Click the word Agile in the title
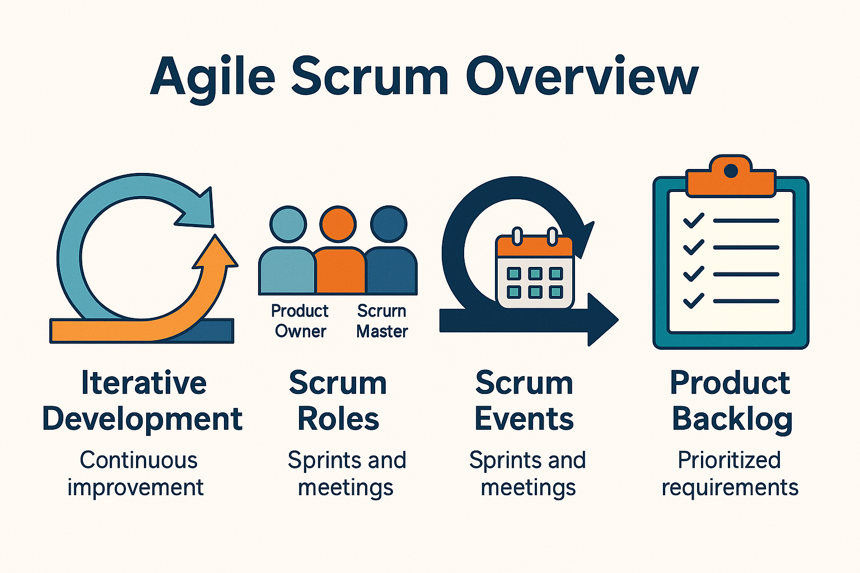213,77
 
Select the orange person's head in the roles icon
338,224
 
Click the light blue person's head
288,224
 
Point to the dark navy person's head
389,224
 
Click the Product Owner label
300,321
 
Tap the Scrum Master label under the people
382,321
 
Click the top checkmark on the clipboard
693,220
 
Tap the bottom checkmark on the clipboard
693,301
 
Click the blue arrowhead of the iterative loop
199,210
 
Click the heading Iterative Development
143,401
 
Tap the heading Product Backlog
731,401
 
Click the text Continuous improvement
137,473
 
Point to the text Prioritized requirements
730,473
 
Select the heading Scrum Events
524,401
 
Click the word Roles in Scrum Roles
338,419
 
